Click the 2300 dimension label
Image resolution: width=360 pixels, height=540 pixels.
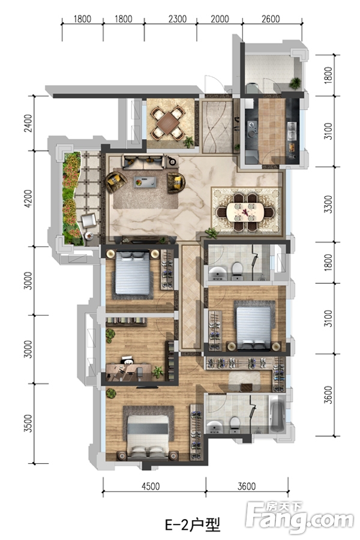(x=178, y=19)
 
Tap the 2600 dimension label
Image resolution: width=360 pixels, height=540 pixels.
(x=271, y=19)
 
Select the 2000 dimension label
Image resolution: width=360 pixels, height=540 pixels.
(x=220, y=19)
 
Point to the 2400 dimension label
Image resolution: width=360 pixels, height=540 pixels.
(x=28, y=123)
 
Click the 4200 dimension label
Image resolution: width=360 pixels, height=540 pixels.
(x=28, y=199)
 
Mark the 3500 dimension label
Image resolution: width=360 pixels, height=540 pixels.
(x=28, y=424)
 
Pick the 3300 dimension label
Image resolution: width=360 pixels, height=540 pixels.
(x=329, y=205)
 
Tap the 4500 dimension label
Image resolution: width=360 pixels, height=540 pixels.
(x=151, y=486)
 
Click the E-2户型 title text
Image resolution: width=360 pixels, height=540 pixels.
(x=193, y=525)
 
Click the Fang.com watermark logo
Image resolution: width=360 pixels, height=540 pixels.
(x=300, y=517)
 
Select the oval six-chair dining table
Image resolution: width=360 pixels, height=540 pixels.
(x=245, y=212)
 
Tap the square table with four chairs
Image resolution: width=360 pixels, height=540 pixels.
(x=169, y=123)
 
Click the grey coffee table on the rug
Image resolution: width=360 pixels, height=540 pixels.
(x=145, y=182)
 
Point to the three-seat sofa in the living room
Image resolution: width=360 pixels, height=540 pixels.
(x=143, y=161)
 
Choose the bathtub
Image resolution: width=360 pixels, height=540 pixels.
(x=277, y=414)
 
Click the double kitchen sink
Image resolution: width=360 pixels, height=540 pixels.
(x=292, y=131)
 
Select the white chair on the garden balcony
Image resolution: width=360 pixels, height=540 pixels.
(x=89, y=220)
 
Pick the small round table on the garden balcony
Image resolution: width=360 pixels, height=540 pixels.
(x=89, y=236)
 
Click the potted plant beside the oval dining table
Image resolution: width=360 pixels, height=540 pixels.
(x=211, y=233)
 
